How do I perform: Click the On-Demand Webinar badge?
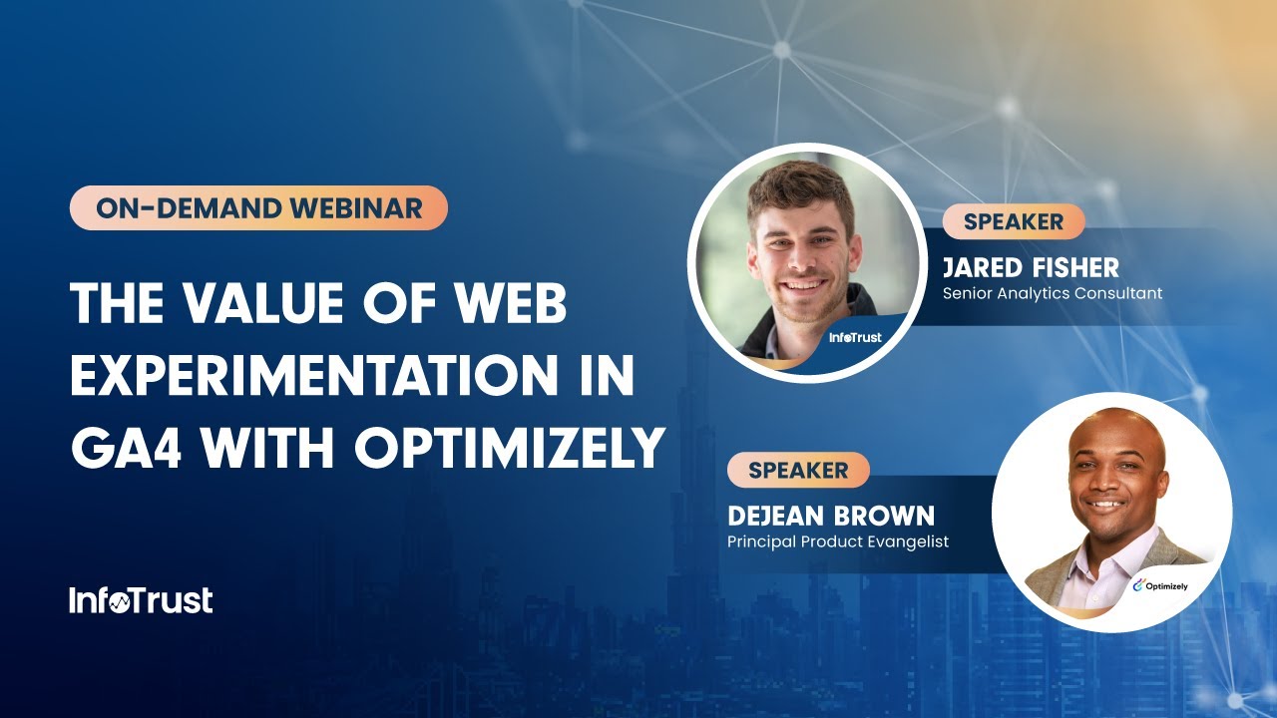tap(258, 208)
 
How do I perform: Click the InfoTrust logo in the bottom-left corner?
tap(141, 600)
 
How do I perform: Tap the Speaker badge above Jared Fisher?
tap(1013, 221)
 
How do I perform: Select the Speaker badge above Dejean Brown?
tap(798, 470)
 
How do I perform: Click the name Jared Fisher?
tap(1031, 267)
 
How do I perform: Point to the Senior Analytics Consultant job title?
tap(1052, 293)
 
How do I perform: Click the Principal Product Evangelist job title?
tap(837, 541)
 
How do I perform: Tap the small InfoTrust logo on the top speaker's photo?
tap(855, 337)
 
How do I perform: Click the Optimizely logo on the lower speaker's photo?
tap(1166, 586)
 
